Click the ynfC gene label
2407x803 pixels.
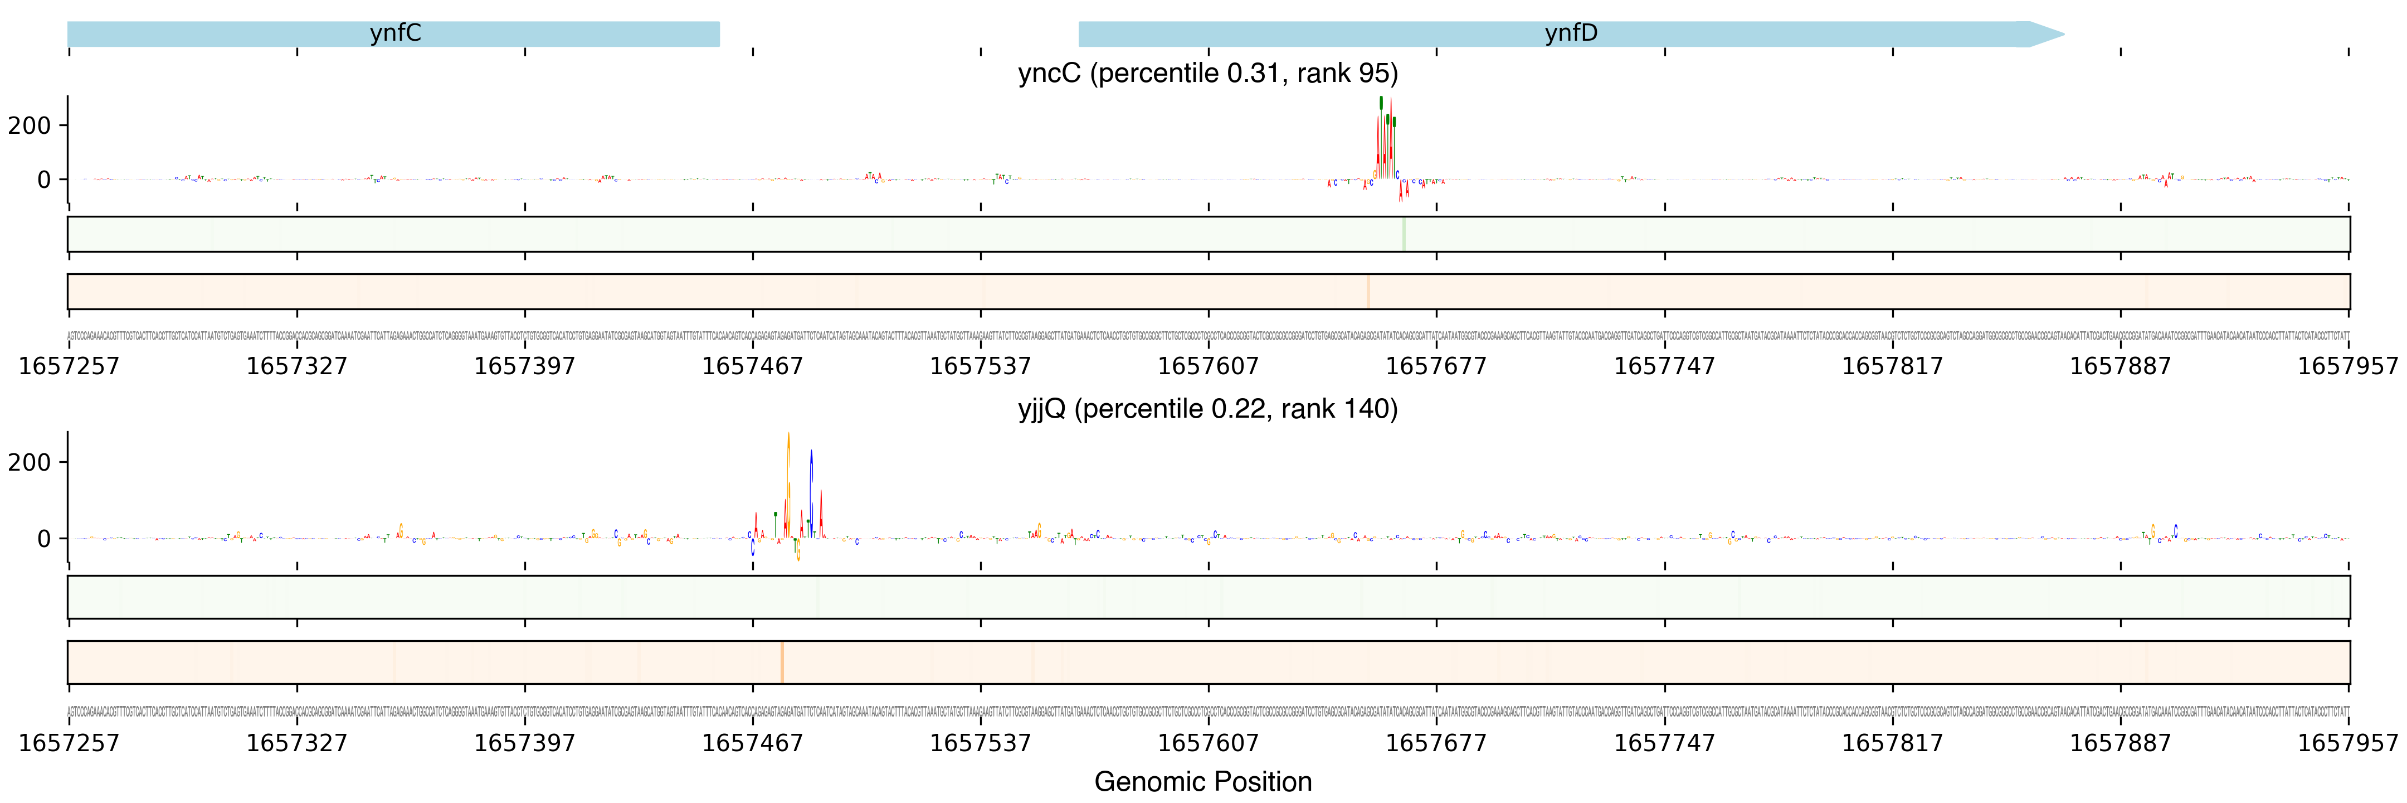click(x=395, y=33)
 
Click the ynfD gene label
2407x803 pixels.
click(x=1571, y=33)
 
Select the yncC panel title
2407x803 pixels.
click(x=1207, y=73)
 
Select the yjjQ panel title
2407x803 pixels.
click(x=1207, y=409)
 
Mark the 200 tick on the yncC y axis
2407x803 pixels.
click(x=30, y=125)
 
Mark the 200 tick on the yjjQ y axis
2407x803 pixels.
click(x=30, y=462)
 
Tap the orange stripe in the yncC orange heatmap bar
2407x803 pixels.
click(x=1368, y=292)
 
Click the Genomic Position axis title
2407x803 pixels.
click(x=1202, y=781)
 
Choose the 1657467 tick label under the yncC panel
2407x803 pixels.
click(x=752, y=366)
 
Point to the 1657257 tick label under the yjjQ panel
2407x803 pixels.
click(x=69, y=743)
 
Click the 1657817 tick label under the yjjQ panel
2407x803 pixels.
click(x=1892, y=743)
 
